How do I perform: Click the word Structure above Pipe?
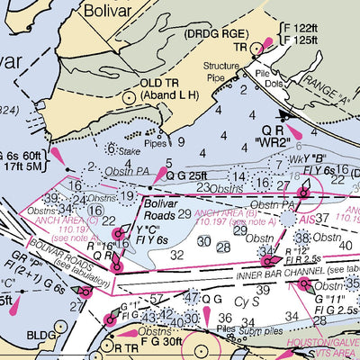pyautogui.click(x=222, y=66)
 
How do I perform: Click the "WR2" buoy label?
pyautogui.click(x=286, y=142)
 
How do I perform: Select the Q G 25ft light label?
pyautogui.click(x=187, y=175)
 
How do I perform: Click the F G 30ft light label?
pyautogui.click(x=158, y=341)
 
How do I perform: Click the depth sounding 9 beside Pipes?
pyautogui.click(x=181, y=141)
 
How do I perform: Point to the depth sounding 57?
pyautogui.click(x=157, y=298)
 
